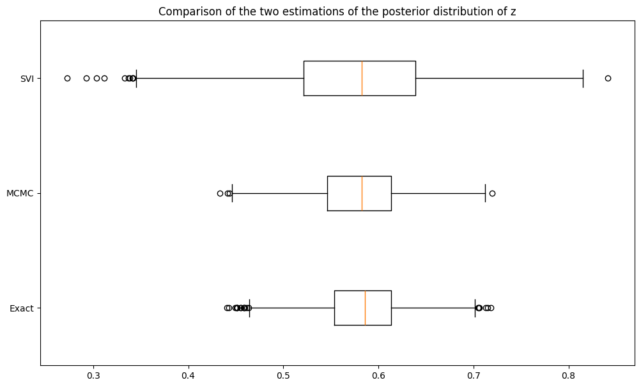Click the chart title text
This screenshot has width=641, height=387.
click(x=337, y=12)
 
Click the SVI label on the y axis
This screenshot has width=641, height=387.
click(x=26, y=79)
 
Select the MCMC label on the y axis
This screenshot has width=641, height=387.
click(x=20, y=193)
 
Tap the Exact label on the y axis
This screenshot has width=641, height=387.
click(x=22, y=308)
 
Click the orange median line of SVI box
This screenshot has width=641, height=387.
click(x=362, y=78)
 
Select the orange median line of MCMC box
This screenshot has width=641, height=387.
click(x=362, y=193)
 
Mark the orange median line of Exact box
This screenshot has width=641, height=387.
click(x=365, y=308)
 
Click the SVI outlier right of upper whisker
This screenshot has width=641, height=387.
click(x=608, y=78)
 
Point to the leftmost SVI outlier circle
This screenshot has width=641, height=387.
click(x=67, y=78)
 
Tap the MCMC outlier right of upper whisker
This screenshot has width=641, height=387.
click(x=492, y=193)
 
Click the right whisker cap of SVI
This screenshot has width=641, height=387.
click(x=583, y=78)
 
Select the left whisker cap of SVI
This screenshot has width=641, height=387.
click(x=136, y=78)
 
